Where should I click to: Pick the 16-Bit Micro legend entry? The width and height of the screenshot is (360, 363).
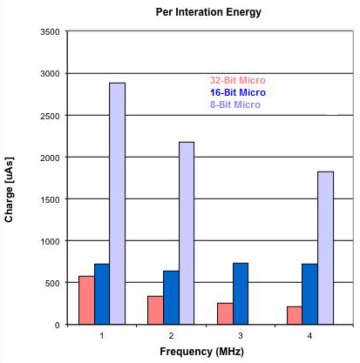(x=237, y=92)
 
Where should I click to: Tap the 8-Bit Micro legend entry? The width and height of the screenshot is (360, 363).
(x=235, y=104)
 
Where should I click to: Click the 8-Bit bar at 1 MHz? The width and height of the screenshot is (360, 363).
(x=117, y=204)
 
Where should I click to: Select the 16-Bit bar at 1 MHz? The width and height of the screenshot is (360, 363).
(x=102, y=293)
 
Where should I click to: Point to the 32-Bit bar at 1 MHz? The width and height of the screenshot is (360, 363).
(x=86, y=299)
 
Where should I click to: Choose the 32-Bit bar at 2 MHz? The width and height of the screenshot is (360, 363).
(x=156, y=310)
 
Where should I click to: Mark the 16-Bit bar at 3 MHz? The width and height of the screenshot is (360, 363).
(x=241, y=293)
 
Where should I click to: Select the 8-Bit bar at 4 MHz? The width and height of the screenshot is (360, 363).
(x=325, y=247)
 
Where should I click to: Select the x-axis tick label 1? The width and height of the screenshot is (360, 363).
(x=102, y=335)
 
